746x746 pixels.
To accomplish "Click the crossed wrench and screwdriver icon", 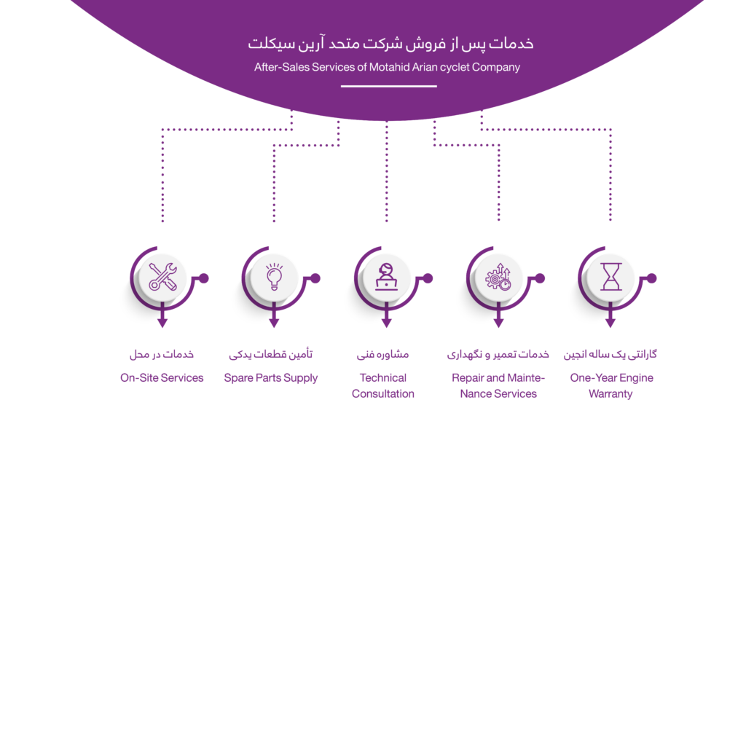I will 162,278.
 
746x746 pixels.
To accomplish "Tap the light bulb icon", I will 274,278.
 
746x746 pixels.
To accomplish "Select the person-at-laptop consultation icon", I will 386,278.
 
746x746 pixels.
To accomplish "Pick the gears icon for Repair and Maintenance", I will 498,278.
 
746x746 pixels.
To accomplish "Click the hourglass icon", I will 610,278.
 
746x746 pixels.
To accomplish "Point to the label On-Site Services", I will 162,378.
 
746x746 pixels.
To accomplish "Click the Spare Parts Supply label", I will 271,378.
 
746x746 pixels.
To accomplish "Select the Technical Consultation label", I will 383,386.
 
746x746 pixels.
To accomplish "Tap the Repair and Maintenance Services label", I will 498,386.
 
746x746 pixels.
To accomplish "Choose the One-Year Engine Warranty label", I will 611,386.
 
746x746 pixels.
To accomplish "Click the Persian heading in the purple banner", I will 390,44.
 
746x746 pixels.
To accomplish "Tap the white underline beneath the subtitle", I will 389,86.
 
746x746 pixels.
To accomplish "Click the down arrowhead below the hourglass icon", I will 610,323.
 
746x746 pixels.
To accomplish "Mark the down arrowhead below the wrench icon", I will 162,323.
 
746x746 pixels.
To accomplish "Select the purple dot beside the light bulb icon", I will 316,278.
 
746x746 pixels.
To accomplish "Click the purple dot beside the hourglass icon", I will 652,278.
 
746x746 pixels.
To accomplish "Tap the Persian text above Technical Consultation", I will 382,355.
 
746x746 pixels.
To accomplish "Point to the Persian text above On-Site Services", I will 162,355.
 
